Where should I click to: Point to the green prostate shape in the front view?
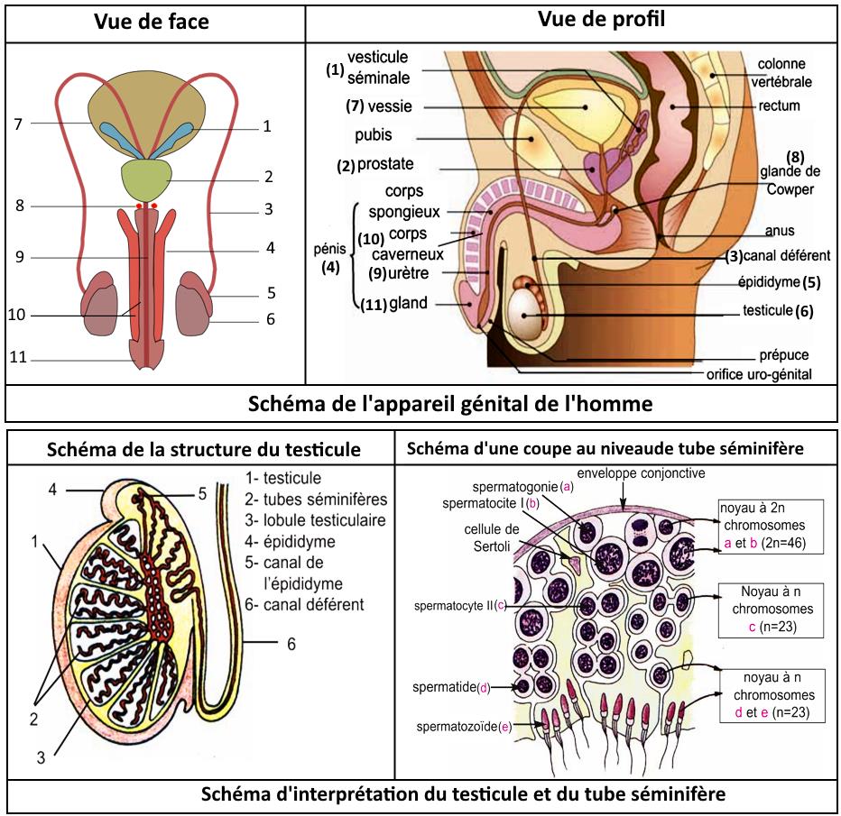tap(146, 178)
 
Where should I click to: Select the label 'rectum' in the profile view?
tap(779, 105)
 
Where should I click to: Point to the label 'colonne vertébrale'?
tap(781, 72)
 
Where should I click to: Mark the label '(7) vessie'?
tap(379, 106)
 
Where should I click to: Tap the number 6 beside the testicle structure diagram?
tap(291, 645)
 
